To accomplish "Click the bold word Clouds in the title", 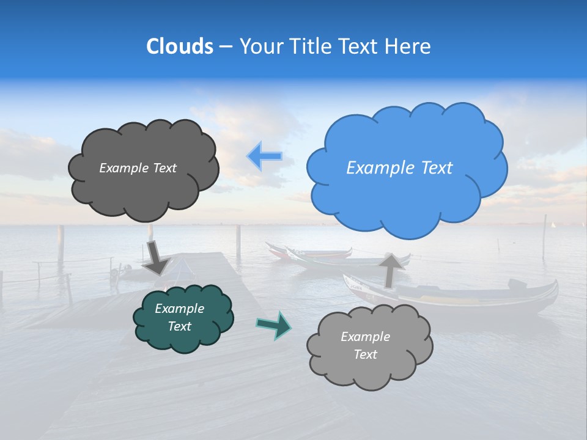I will point(180,46).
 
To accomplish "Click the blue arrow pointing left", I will point(265,156).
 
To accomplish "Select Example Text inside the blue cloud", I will point(399,168).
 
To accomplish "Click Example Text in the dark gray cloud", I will point(138,168).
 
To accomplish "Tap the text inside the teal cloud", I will point(179,318).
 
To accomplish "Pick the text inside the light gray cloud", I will point(365,345).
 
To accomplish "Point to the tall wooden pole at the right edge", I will point(544,238).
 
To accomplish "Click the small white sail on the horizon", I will point(553,225).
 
